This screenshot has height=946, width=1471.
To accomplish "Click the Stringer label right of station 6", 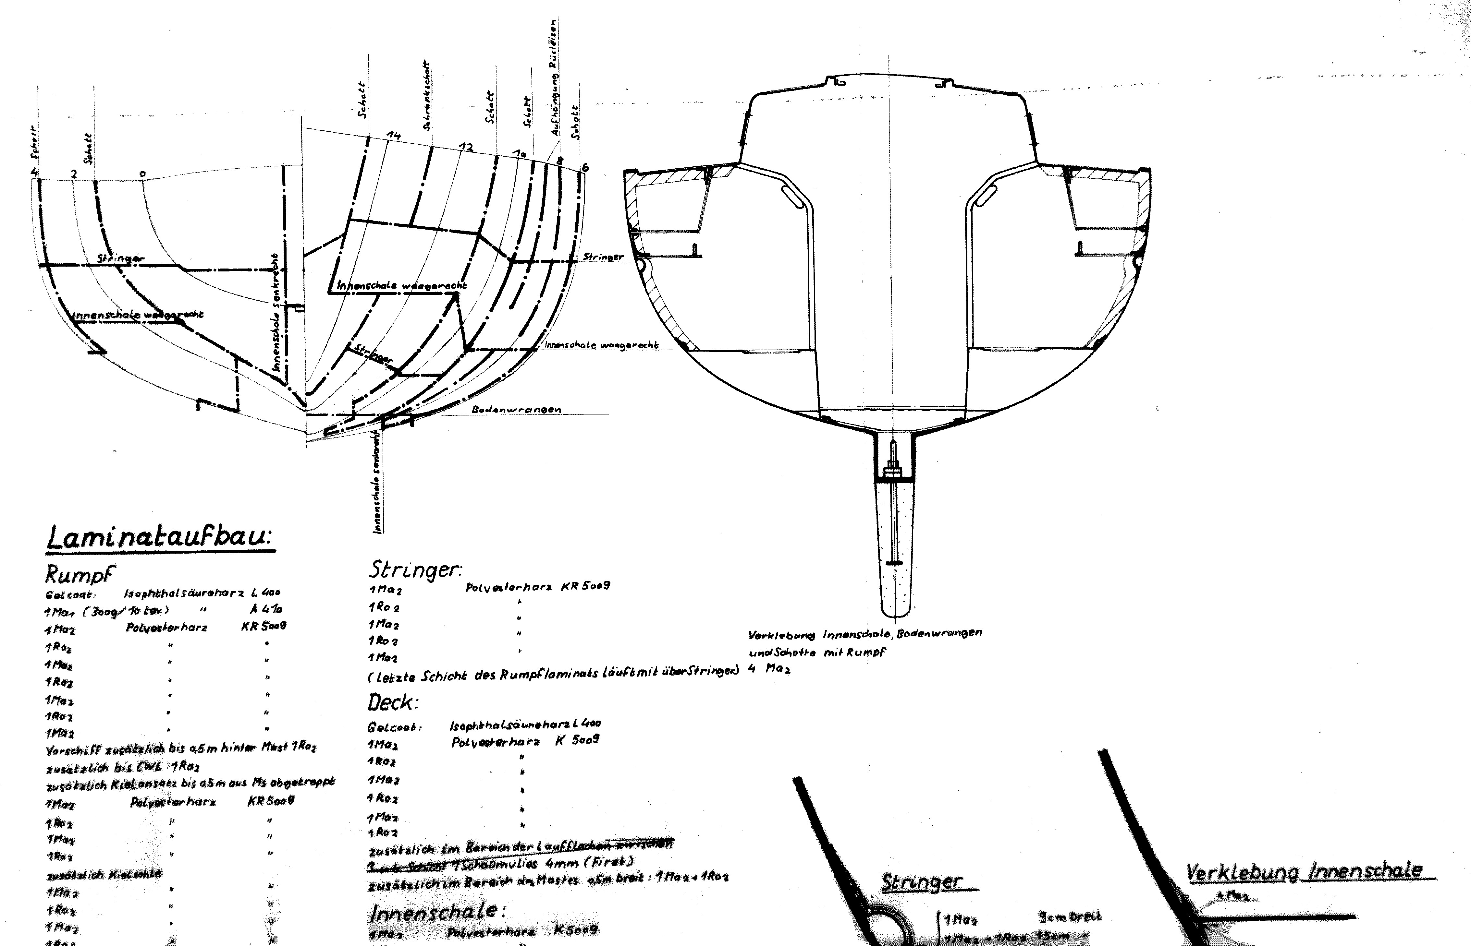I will [603, 257].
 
